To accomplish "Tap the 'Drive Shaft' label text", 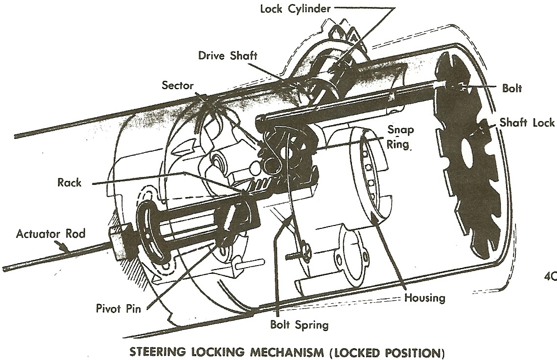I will coord(228,55).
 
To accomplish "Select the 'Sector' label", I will coord(178,86).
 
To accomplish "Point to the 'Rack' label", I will coord(69,182).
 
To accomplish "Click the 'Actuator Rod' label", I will coord(50,233).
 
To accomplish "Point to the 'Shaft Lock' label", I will coord(527,123).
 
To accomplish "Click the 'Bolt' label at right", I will coord(512,89).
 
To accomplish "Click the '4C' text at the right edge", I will coord(550,276).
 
